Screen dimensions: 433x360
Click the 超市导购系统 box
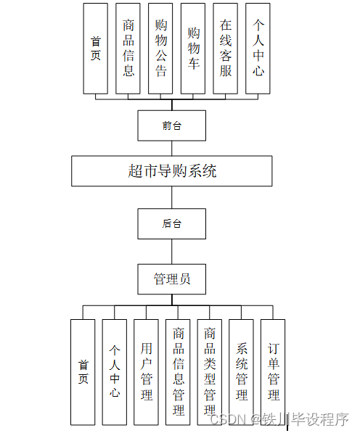coord(172,171)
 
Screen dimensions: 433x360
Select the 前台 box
coord(172,125)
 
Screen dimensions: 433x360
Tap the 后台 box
coord(172,223)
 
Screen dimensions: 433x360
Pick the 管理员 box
coord(172,279)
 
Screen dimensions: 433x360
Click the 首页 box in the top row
coord(96,48)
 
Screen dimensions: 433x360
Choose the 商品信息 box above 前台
coord(128,48)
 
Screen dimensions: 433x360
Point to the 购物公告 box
coord(160,48)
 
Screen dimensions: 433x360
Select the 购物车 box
coord(193,48)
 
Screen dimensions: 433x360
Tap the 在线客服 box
coord(226,48)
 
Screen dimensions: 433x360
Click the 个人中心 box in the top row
coord(258,48)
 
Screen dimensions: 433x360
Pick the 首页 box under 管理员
coord(83,371)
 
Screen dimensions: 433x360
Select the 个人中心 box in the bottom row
coord(115,371)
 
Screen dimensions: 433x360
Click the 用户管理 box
coord(147,371)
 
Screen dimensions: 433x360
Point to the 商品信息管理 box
coord(179,371)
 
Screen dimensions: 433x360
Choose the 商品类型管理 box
coord(210,371)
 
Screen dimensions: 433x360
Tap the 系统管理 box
coord(242,371)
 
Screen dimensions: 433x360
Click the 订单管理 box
coord(273,371)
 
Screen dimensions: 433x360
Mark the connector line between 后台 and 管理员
coord(172,251)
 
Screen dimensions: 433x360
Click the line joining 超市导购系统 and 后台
coord(172,197)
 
